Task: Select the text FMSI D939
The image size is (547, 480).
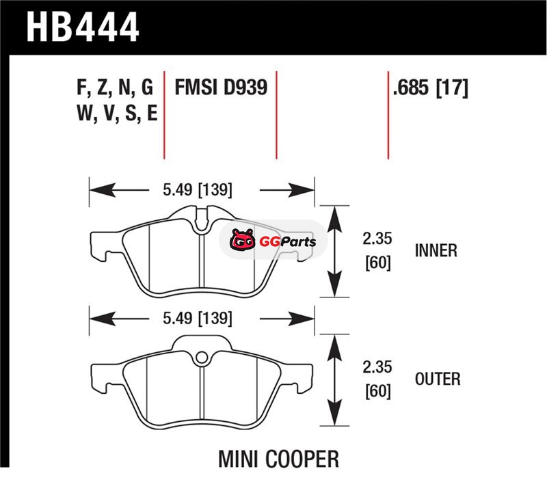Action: tap(220, 88)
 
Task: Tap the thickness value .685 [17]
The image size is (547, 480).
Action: tap(430, 88)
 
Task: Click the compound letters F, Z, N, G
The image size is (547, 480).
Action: tap(115, 88)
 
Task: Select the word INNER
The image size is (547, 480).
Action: tap(436, 250)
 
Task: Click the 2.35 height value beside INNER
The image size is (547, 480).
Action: tap(377, 240)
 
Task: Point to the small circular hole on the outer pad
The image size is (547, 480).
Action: tap(201, 356)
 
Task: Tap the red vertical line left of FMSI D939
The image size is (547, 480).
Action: tap(165, 113)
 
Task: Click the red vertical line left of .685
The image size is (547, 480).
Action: tap(388, 113)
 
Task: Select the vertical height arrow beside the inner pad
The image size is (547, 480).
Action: tap(335, 252)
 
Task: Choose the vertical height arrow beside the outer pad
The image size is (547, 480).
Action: tap(335, 380)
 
